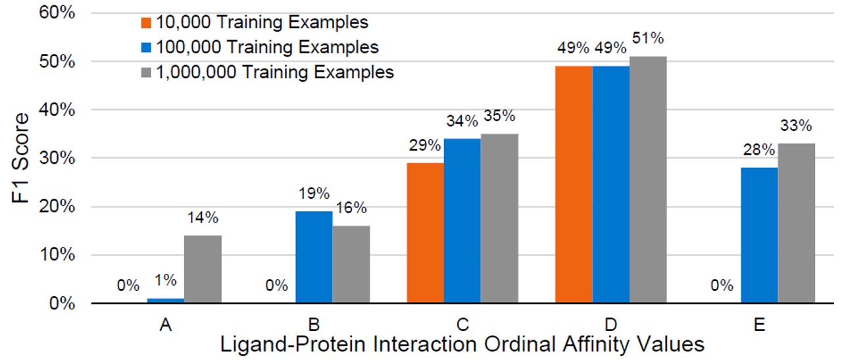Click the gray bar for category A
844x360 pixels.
(x=203, y=269)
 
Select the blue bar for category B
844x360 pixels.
(x=314, y=257)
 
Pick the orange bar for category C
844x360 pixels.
(x=425, y=233)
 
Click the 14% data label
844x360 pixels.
(x=203, y=218)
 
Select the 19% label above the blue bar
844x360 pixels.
(x=314, y=194)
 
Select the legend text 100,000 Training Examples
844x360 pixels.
(x=268, y=47)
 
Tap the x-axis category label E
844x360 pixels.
(x=760, y=325)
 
